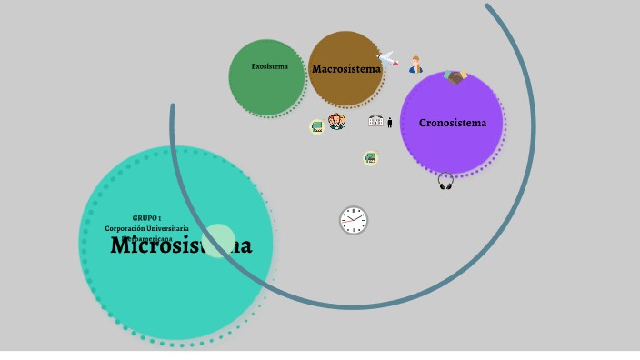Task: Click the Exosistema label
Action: click(269, 66)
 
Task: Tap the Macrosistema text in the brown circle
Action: click(346, 69)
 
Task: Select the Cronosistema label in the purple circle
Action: click(453, 123)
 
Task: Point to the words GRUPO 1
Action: click(146, 218)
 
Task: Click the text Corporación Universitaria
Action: click(146, 228)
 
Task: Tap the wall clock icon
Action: click(354, 220)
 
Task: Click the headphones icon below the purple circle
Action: click(445, 181)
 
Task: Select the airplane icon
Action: click(388, 59)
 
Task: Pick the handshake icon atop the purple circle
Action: click(455, 77)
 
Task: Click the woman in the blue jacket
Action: click(415, 65)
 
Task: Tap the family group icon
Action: click(337, 122)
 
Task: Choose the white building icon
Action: click(376, 121)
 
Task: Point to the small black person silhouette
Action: click(390, 123)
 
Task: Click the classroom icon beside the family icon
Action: click(317, 126)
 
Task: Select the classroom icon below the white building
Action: click(370, 158)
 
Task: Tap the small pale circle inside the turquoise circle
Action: click(218, 241)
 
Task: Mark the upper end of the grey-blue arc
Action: click(489, 7)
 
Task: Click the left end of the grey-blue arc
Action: click(173, 107)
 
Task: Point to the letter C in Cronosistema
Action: click(424, 123)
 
